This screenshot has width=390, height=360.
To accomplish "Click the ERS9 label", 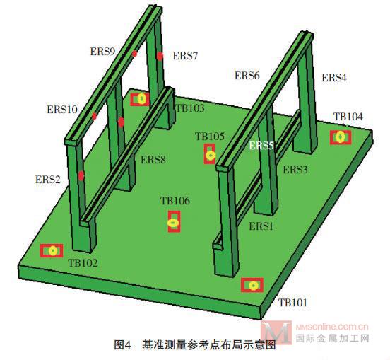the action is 102,52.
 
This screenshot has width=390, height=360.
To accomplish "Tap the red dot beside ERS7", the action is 160,57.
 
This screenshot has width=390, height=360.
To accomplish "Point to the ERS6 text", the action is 247,76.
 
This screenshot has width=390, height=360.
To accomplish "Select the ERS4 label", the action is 334,78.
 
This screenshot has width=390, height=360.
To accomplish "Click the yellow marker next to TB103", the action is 141,99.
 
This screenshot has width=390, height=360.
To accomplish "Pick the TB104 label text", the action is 348,117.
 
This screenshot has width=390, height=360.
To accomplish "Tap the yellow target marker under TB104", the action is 341,137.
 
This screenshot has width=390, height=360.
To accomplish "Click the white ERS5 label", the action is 261,146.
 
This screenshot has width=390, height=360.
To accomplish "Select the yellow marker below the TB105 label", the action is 211,156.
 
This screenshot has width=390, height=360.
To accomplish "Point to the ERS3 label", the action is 295,170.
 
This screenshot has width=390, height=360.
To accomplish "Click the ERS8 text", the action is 153,160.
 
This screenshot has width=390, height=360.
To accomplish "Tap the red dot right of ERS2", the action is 81,175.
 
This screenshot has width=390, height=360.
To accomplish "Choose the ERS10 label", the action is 62,110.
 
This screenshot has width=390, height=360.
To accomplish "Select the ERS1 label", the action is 261,226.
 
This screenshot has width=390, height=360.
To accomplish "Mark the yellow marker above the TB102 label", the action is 53,251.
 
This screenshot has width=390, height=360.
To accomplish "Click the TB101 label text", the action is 292,303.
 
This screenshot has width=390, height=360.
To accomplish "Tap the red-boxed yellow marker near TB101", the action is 253,285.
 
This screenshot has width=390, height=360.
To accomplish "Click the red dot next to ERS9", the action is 134,54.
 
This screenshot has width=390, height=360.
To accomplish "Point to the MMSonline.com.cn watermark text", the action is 332,326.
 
